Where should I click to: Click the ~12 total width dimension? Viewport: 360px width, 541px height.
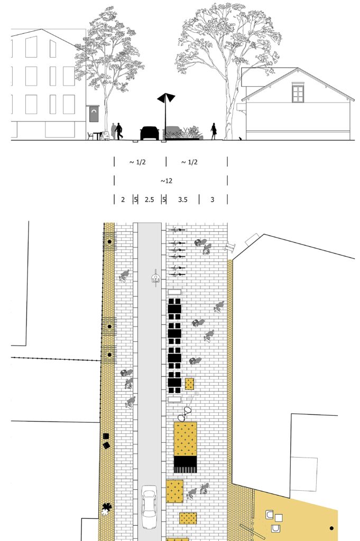[167, 181]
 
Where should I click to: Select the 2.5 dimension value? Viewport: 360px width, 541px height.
[149, 199]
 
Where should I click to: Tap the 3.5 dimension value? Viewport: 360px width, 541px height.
[182, 199]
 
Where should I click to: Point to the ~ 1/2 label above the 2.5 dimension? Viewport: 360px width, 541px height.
[137, 162]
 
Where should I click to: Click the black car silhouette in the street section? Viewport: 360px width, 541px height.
[150, 133]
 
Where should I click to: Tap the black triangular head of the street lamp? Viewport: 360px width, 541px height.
[166, 98]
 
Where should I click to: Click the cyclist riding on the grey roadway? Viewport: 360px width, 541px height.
[156, 278]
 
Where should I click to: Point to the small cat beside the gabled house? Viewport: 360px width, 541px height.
[240, 138]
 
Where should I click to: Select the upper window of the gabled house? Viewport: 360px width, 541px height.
[298, 92]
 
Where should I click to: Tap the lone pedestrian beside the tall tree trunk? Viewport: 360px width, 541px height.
[214, 131]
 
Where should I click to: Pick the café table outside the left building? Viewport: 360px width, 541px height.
[97, 135]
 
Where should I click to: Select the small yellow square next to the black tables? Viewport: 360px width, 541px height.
[189, 384]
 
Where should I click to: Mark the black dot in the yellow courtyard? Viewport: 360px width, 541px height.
[331, 528]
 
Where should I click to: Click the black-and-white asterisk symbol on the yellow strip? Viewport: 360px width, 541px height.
[106, 509]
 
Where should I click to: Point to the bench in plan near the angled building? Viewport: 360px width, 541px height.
[230, 247]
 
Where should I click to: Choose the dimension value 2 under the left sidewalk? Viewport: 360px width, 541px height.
[123, 199]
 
